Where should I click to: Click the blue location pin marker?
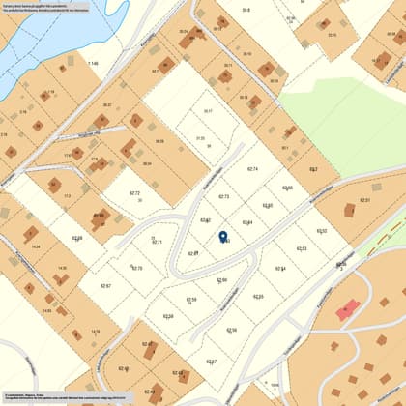(x=223, y=236)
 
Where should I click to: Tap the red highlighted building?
(x=347, y=308)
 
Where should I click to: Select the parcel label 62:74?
(x=252, y=169)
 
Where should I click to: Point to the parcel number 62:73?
(x=224, y=196)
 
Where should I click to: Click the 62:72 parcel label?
(x=134, y=193)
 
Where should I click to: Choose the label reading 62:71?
(x=157, y=242)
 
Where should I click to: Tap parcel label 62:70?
(x=136, y=268)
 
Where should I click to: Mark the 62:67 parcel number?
(x=106, y=286)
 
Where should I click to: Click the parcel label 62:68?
(x=77, y=238)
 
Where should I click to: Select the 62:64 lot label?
(x=247, y=222)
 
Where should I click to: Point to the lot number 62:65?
(x=268, y=205)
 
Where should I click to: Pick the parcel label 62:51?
(x=364, y=199)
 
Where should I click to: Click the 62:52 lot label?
(x=322, y=231)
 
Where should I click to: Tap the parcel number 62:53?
(x=301, y=248)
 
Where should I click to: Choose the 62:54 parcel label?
(x=280, y=269)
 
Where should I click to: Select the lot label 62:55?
(x=258, y=297)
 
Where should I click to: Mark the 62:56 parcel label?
(x=231, y=330)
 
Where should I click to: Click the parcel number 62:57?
(x=212, y=362)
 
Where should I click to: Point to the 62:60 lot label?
(x=222, y=280)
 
